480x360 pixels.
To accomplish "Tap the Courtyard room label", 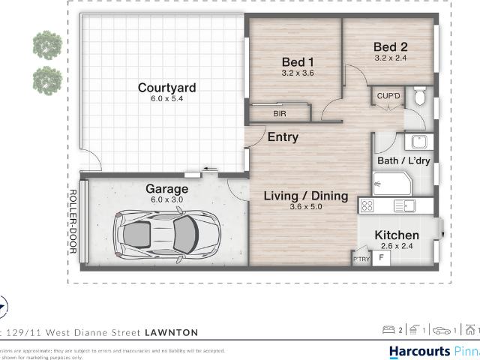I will pyautogui.click(x=166, y=88).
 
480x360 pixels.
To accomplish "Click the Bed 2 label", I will pyautogui.click(x=391, y=46).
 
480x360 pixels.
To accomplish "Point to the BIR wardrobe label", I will pyautogui.click(x=280, y=114).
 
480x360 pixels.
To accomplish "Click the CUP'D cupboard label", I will pyautogui.click(x=388, y=96).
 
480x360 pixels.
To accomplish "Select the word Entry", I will pyautogui.click(x=283, y=137).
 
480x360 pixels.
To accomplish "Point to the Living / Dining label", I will pyautogui.click(x=305, y=196).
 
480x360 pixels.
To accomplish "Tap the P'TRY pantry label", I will pyautogui.click(x=361, y=259).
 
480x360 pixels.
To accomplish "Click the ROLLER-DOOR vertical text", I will pyautogui.click(x=73, y=222).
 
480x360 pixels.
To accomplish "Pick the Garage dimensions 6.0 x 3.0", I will pyautogui.click(x=166, y=200).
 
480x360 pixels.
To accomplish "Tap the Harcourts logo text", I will pyautogui.click(x=419, y=351).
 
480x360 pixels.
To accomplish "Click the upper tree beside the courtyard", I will pyautogui.click(x=47, y=44).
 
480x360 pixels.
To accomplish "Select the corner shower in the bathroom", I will pyautogui.click(x=390, y=184).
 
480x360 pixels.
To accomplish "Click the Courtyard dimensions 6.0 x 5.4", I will pyautogui.click(x=166, y=99).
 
